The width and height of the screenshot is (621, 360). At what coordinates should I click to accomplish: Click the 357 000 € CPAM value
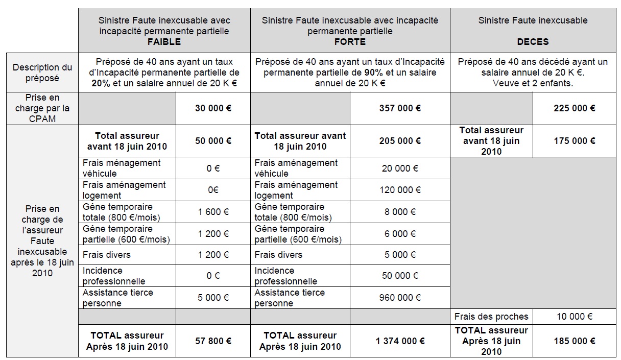coord(400,108)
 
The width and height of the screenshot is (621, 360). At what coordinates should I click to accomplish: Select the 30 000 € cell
coord(213,108)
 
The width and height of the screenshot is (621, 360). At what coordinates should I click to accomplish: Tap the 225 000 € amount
coord(574,108)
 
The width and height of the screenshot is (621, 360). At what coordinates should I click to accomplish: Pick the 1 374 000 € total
coord(400,341)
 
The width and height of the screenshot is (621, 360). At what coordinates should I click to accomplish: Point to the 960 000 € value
coord(400,298)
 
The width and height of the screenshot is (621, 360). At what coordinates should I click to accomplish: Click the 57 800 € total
coord(213,341)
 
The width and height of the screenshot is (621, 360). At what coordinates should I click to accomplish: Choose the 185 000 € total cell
coord(574,341)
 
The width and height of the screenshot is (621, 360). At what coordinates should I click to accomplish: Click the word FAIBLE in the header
coord(164,42)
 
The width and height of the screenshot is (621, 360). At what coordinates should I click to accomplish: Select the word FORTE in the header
coord(350,42)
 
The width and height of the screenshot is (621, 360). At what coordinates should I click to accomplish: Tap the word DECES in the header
coord(533,42)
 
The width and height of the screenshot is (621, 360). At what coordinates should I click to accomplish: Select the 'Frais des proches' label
coord(491,317)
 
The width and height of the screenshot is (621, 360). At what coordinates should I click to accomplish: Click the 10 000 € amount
coord(574,317)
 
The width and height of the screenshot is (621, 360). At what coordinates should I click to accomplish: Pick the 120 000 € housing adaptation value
coord(400,190)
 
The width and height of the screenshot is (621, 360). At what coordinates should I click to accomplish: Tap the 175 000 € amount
coord(574,141)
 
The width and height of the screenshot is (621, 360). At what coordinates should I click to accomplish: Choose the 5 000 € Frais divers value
coord(400,255)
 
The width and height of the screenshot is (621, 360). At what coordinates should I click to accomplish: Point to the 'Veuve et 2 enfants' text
coord(533,83)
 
